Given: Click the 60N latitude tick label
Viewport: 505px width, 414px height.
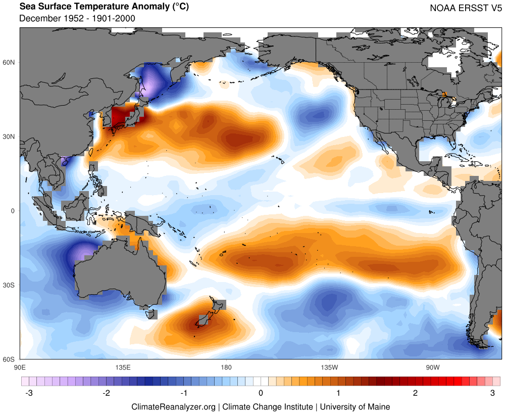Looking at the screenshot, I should click(10, 63).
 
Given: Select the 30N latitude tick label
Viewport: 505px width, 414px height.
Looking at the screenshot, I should click(10, 137).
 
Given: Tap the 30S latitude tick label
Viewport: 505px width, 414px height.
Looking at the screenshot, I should click(10, 285).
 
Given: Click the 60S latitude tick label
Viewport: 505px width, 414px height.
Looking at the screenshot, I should click(10, 359).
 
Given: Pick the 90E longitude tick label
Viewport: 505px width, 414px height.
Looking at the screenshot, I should click(20, 366).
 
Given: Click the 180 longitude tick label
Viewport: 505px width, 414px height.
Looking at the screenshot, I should click(226, 366).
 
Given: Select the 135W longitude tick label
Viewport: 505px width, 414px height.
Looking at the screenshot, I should click(329, 366).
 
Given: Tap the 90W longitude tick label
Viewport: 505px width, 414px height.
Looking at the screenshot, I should click(432, 366).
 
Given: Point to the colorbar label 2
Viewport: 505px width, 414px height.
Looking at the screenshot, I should click(415, 393).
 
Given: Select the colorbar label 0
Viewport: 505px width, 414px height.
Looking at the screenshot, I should click(261, 393).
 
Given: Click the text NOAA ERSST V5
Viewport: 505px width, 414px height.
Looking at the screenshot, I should click(466, 8).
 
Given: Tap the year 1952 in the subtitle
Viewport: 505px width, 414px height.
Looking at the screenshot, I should click(70, 19).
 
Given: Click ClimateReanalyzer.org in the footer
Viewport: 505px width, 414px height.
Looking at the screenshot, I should click(173, 406).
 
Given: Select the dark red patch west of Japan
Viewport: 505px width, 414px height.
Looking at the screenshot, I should click(119, 116).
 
